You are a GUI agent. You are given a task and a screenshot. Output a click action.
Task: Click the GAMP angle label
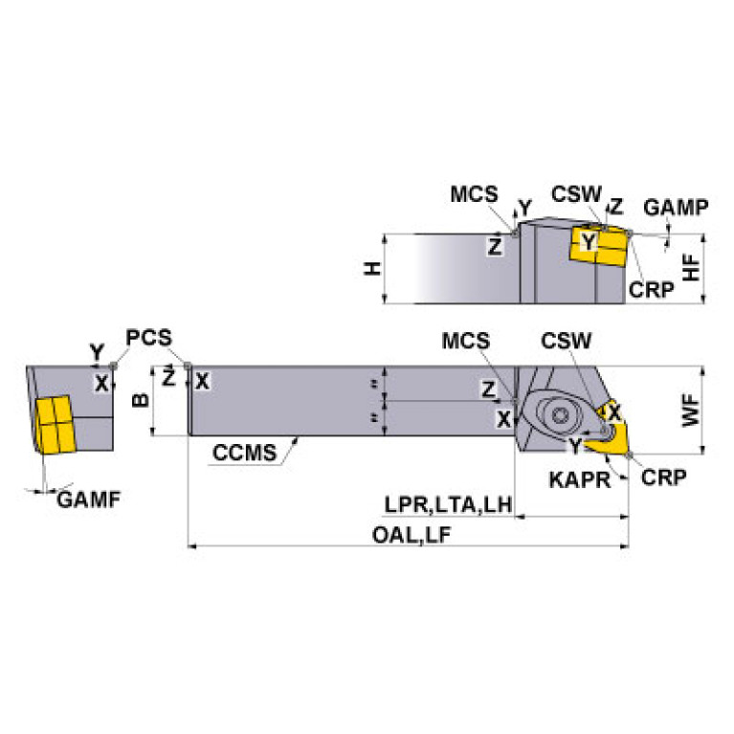coord(675,207)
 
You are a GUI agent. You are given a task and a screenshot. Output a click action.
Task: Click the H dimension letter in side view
coord(373,269)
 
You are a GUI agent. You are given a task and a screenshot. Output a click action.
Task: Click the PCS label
coord(148,338)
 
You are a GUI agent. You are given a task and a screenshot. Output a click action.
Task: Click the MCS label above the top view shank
coord(466,342)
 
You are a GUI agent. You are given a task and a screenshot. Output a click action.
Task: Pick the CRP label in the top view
coord(664,478)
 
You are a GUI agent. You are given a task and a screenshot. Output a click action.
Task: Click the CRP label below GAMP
coord(652,290)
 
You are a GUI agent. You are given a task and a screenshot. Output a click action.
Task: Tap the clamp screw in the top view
coord(559,415)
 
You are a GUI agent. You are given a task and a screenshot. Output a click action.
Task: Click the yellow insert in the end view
coord(54,423)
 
